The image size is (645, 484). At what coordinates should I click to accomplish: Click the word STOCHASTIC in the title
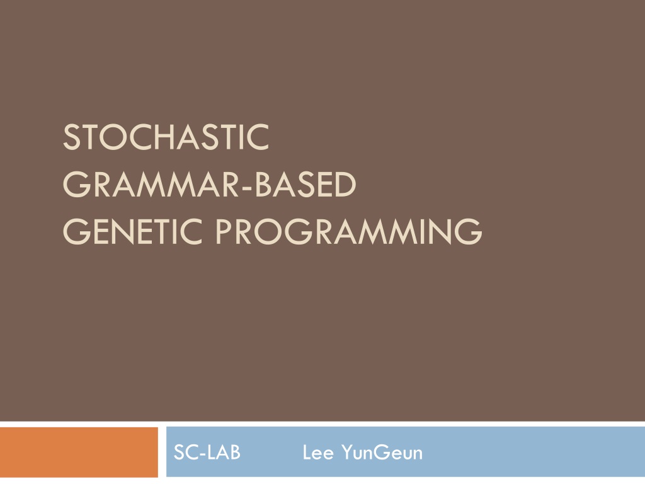(166, 137)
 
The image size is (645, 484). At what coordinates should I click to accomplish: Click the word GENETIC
(133, 232)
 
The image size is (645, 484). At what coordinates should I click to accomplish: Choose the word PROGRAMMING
(349, 232)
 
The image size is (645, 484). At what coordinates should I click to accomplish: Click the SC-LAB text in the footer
(207, 452)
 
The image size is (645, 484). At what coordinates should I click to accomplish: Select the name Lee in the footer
(318, 452)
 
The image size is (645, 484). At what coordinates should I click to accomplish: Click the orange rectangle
(79, 452)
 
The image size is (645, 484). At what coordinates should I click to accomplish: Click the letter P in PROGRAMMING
(225, 232)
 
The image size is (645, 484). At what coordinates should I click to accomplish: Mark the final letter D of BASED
(345, 185)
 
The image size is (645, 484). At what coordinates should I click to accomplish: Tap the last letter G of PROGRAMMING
(469, 232)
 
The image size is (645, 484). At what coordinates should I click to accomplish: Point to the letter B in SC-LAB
(234, 452)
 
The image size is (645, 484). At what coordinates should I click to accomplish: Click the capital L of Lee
(307, 452)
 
